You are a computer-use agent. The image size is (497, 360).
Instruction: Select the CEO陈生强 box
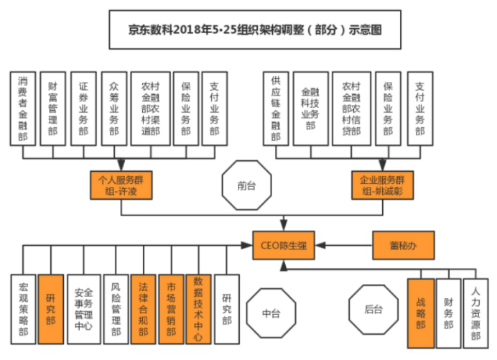click(284, 244)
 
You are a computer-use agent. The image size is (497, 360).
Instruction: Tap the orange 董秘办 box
click(403, 244)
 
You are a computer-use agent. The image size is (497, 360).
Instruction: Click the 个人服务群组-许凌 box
click(121, 185)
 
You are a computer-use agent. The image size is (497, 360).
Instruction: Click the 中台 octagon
click(269, 313)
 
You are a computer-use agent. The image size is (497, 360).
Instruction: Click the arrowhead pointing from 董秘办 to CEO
click(320, 244)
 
